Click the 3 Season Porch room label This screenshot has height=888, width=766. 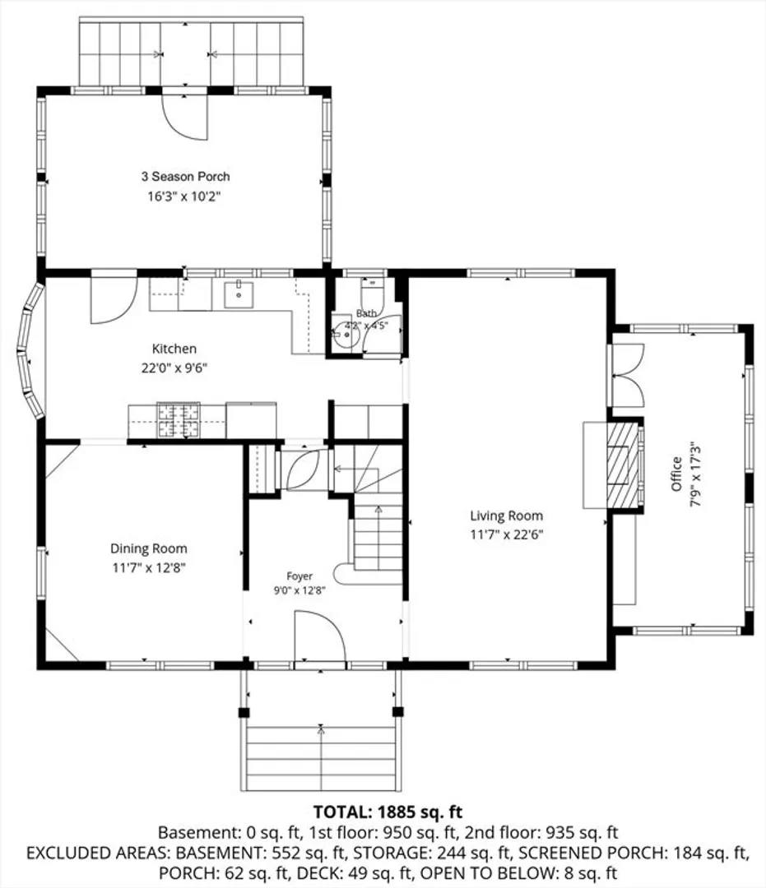pos(185,176)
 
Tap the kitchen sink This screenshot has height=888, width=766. pos(239,294)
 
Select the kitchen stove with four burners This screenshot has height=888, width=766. pos(179,420)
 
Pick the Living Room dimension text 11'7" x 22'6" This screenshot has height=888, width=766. pos(507,534)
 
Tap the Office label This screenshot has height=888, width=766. pos(676,474)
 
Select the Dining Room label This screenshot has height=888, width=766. pos(148,548)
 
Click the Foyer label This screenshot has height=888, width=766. pos(299,576)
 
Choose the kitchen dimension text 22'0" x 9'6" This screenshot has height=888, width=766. pos(174,368)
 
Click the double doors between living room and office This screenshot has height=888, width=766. pos(626,375)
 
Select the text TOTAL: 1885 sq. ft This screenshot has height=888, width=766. pos(388,812)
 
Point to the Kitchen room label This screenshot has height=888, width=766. pos(174,349)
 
